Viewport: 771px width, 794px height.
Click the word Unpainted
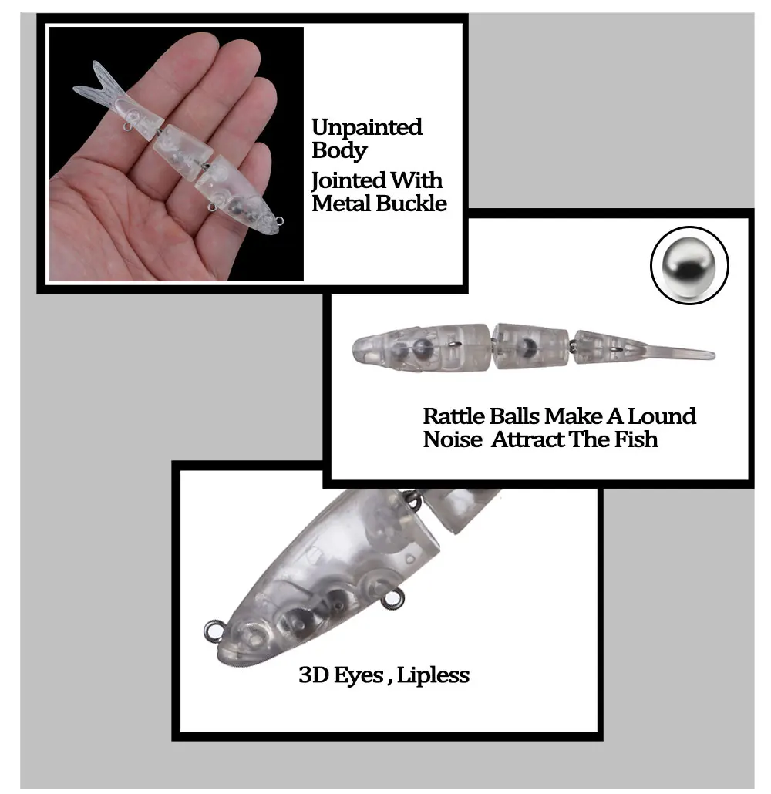pyautogui.click(x=367, y=128)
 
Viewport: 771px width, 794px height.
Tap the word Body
pyautogui.click(x=339, y=151)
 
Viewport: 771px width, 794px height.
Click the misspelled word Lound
pyautogui.click(x=662, y=416)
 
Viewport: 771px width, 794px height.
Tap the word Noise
pyautogui.click(x=453, y=439)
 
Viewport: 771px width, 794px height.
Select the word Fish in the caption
pyautogui.click(x=636, y=439)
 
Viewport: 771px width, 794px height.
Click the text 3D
pyautogui.click(x=312, y=675)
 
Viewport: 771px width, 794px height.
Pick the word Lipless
pyautogui.click(x=433, y=675)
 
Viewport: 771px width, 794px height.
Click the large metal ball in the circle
pyautogui.click(x=689, y=265)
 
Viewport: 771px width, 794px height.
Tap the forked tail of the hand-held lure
pyautogui.click(x=99, y=83)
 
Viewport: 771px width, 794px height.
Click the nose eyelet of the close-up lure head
pyautogui.click(x=213, y=631)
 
